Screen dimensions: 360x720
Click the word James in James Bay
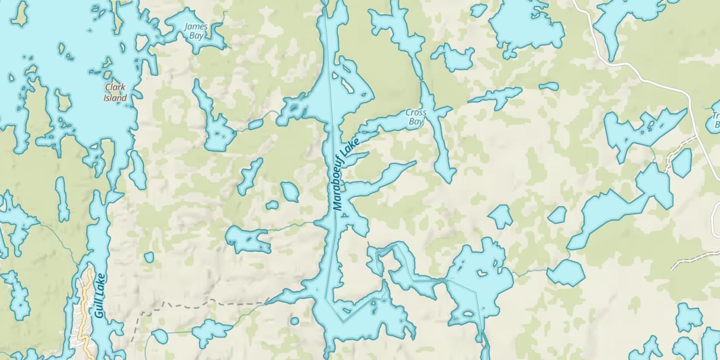click(196, 26)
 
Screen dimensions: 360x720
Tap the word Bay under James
click(196, 36)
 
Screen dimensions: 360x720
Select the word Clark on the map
click(115, 87)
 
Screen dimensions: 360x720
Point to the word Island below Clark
click(115, 98)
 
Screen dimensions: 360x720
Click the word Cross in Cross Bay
click(416, 112)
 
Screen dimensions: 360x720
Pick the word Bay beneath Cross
click(416, 122)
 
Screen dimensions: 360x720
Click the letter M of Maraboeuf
click(338, 206)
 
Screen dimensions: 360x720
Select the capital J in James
click(187, 26)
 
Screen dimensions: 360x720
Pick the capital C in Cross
click(408, 112)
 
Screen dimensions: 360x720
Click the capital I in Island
click(105, 98)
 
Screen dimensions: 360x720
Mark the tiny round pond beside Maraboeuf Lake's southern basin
click(294, 321)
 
